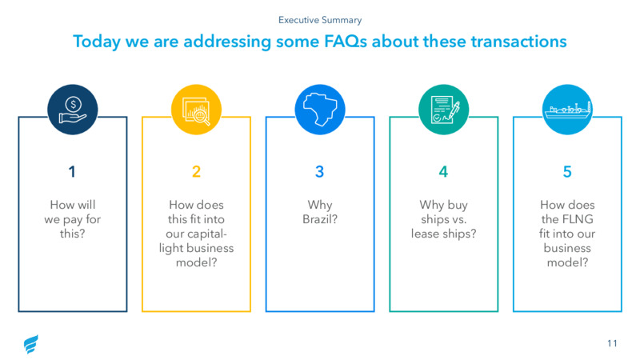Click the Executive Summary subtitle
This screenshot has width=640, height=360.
320,20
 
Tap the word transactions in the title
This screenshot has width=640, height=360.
518,42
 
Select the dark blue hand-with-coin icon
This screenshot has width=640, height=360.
73,110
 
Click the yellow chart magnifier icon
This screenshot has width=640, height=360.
196,110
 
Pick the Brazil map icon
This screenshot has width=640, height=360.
320,110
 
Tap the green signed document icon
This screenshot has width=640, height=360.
444,110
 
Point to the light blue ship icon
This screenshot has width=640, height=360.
567,110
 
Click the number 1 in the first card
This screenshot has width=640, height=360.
72,172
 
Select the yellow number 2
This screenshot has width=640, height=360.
196,172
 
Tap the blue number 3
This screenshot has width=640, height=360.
319,172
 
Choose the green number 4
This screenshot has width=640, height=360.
444,172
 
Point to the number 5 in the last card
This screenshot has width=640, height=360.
567,172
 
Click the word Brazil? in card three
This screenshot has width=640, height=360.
320,219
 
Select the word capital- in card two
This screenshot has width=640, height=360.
207,234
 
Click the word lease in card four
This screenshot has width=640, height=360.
425,234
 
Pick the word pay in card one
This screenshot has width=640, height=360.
72,220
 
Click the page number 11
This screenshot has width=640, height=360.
612,343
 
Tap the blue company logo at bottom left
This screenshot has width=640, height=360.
31,344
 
